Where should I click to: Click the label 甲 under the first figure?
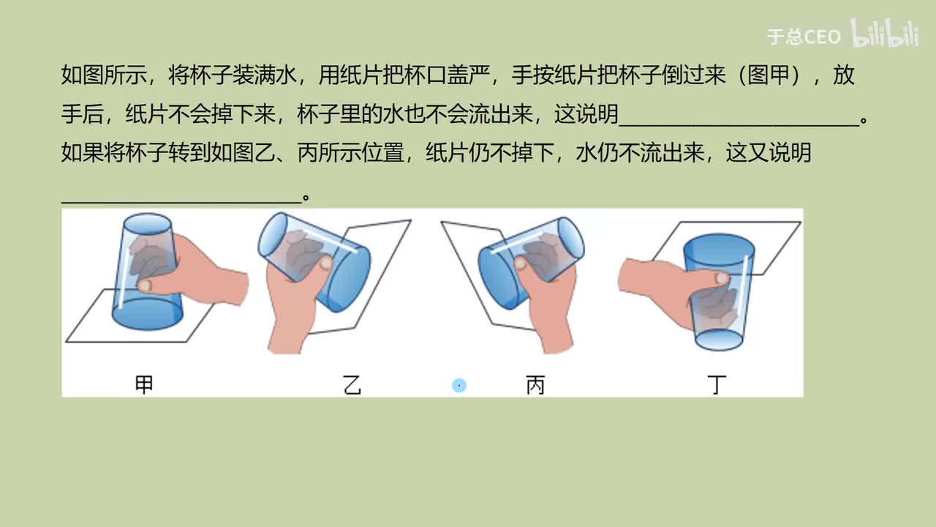(x=144, y=384)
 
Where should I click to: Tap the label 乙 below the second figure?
(x=352, y=384)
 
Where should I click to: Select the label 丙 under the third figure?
(x=535, y=384)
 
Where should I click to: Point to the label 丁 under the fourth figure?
(x=717, y=384)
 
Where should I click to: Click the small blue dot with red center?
(x=458, y=385)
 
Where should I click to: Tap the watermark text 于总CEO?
(x=804, y=37)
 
